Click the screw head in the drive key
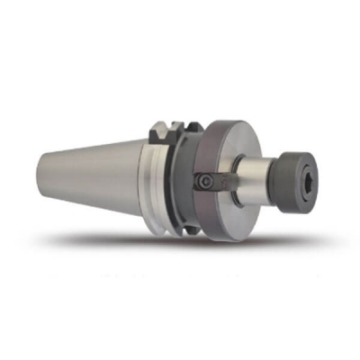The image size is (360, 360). [x=206, y=181]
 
